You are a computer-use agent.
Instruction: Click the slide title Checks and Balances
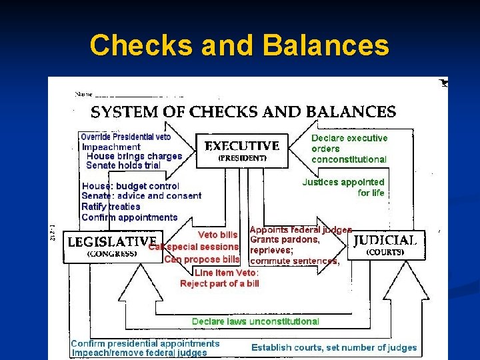[239, 45]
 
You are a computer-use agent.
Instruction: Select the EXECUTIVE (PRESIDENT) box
[242, 150]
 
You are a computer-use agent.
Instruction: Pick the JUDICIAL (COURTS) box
[385, 245]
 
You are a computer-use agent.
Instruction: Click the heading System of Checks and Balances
[243, 111]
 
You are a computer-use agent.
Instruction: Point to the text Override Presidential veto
[125, 137]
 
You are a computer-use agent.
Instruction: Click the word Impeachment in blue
[111, 147]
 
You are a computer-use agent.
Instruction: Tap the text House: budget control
[131, 186]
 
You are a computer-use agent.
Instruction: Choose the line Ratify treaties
[111, 207]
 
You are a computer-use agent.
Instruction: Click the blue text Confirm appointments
[129, 217]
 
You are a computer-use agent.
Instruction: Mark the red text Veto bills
[217, 235]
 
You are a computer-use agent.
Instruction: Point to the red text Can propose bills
[202, 259]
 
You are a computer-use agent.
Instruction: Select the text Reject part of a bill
[219, 283]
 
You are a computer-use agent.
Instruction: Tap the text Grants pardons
[285, 240]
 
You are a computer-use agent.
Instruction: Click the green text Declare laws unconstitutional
[255, 321]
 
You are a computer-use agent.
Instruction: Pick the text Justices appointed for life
[344, 187]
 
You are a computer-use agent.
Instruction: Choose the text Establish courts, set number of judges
[333, 347]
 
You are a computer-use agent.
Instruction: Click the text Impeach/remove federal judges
[139, 353]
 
